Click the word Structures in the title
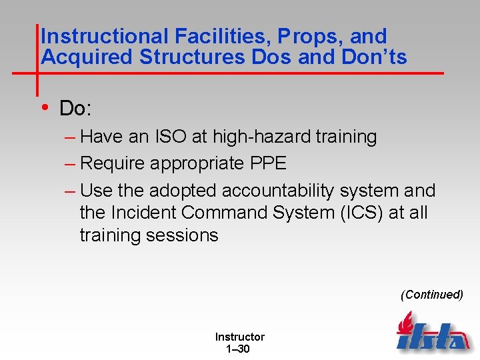(193, 58)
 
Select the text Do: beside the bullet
(75, 108)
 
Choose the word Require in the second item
(115, 164)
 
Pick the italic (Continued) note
(431, 295)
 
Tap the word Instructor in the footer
(239, 337)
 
